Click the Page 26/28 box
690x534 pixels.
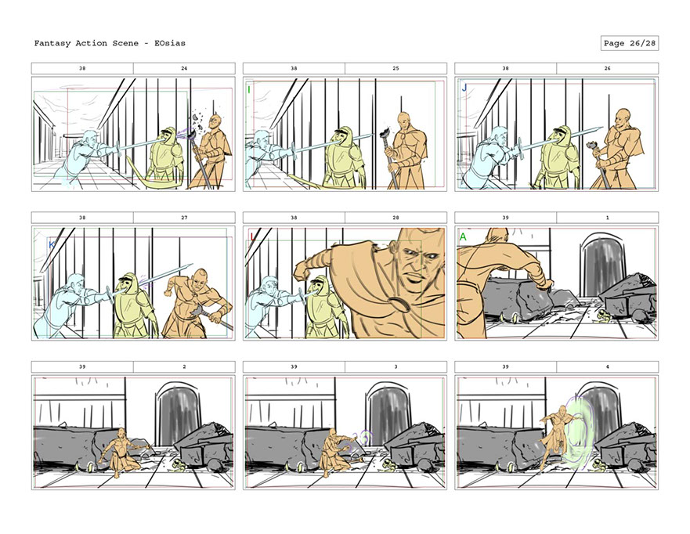click(x=629, y=43)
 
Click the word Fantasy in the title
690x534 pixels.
click(x=52, y=44)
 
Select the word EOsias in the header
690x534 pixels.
click(x=170, y=43)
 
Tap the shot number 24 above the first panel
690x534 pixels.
click(x=184, y=68)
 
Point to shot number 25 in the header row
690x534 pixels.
click(x=396, y=68)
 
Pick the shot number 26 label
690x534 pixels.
click(x=607, y=68)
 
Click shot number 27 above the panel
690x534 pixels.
click(x=184, y=218)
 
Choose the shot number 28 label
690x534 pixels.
click(x=396, y=218)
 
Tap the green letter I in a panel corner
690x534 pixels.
click(x=249, y=90)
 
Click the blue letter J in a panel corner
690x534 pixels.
click(x=464, y=88)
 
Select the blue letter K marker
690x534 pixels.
click(x=52, y=244)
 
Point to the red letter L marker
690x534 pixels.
click(x=253, y=237)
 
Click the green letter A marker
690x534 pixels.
click(x=463, y=237)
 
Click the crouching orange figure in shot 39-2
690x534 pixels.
click(x=120, y=453)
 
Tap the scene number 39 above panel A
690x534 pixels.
click(x=505, y=218)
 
